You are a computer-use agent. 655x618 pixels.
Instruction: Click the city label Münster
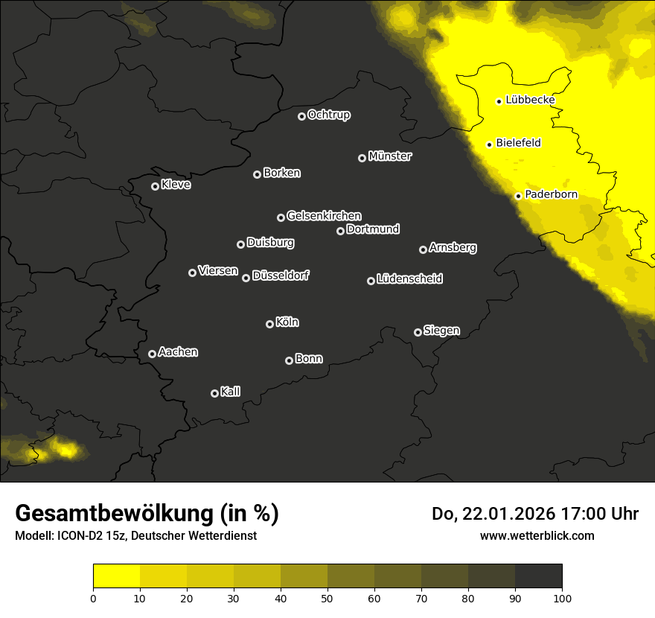pyautogui.click(x=390, y=156)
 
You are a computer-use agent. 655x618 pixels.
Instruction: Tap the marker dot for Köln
pyautogui.click(x=269, y=324)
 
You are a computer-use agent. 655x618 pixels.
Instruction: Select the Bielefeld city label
pyautogui.click(x=518, y=143)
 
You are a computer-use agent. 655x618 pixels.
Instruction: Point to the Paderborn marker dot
pyautogui.click(x=518, y=196)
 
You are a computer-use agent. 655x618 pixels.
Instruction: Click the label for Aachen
pyautogui.click(x=178, y=352)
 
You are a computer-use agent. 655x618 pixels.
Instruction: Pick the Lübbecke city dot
pyautogui.click(x=499, y=101)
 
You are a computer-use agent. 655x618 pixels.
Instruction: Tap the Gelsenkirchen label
pyautogui.click(x=324, y=216)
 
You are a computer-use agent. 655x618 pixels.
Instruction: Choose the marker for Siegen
pyautogui.click(x=418, y=332)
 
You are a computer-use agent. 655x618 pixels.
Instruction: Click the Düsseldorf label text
pyautogui.click(x=281, y=275)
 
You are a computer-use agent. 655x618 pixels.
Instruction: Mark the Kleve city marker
pyautogui.click(x=155, y=186)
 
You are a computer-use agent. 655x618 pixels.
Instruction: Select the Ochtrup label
pyautogui.click(x=328, y=115)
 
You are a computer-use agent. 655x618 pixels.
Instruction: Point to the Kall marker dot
pyautogui.click(x=214, y=393)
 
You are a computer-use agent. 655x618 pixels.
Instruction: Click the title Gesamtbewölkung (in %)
pyautogui.click(x=147, y=514)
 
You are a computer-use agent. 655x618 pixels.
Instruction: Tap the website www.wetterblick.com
pyautogui.click(x=537, y=535)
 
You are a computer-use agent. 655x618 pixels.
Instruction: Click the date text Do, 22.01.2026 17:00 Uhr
pyautogui.click(x=534, y=514)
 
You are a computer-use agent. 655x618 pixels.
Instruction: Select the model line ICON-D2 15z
pyautogui.click(x=135, y=536)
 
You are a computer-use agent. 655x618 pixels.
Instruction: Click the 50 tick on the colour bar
pyautogui.click(x=327, y=597)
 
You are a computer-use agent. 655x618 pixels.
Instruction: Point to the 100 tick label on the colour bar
pyautogui.click(x=562, y=597)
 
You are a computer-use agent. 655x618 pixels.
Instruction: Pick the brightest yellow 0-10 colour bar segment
pyautogui.click(x=117, y=576)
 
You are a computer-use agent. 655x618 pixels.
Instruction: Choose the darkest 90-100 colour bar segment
pyautogui.click(x=538, y=576)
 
